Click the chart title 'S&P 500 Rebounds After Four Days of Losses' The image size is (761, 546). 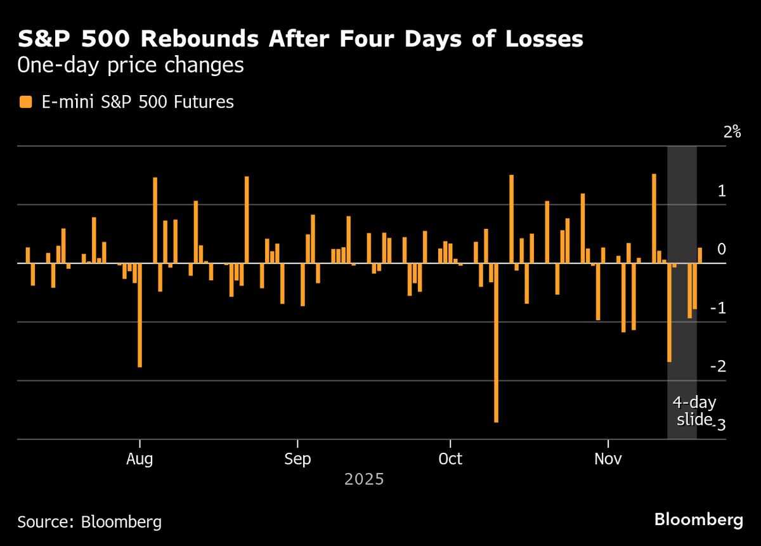pos(300,39)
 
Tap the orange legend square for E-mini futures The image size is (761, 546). pos(25,101)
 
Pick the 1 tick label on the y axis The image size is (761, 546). pos(721,191)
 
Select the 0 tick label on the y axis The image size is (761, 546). pos(721,249)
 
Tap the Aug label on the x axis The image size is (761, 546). pos(139,458)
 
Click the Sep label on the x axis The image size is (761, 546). pos(297,458)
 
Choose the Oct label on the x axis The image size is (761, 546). pos(450,458)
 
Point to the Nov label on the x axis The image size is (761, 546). pos(608,458)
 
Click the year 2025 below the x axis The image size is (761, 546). pos(364,479)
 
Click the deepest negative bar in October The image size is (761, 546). pos(496,342)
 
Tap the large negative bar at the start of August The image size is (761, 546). pos(140,315)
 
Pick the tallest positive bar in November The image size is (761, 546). pos(654,219)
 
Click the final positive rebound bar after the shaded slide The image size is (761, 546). pos(700,256)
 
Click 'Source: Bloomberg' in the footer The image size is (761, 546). pos(89,522)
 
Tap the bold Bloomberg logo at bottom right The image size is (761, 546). pos(698,520)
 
